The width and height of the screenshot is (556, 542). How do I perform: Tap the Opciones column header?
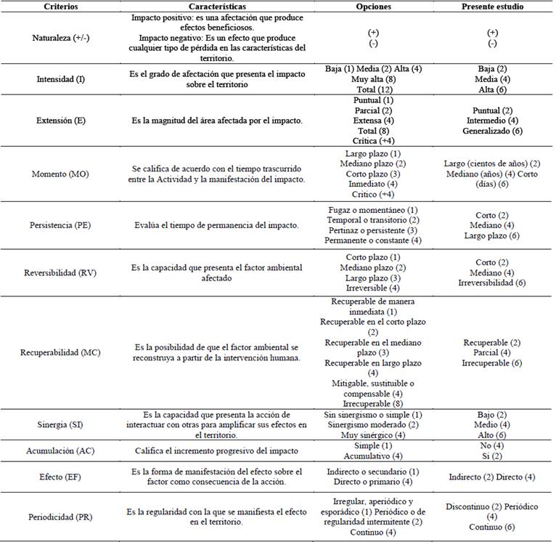(x=375, y=6)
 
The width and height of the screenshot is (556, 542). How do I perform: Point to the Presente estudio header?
(x=493, y=6)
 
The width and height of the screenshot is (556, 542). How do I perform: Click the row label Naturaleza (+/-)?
(x=60, y=38)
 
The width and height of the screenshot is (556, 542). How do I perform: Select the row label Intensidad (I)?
(x=60, y=78)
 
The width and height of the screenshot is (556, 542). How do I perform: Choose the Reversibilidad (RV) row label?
(x=60, y=272)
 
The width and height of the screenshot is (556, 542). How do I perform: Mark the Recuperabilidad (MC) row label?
(x=60, y=352)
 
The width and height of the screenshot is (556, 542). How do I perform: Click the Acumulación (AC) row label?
(x=60, y=450)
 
